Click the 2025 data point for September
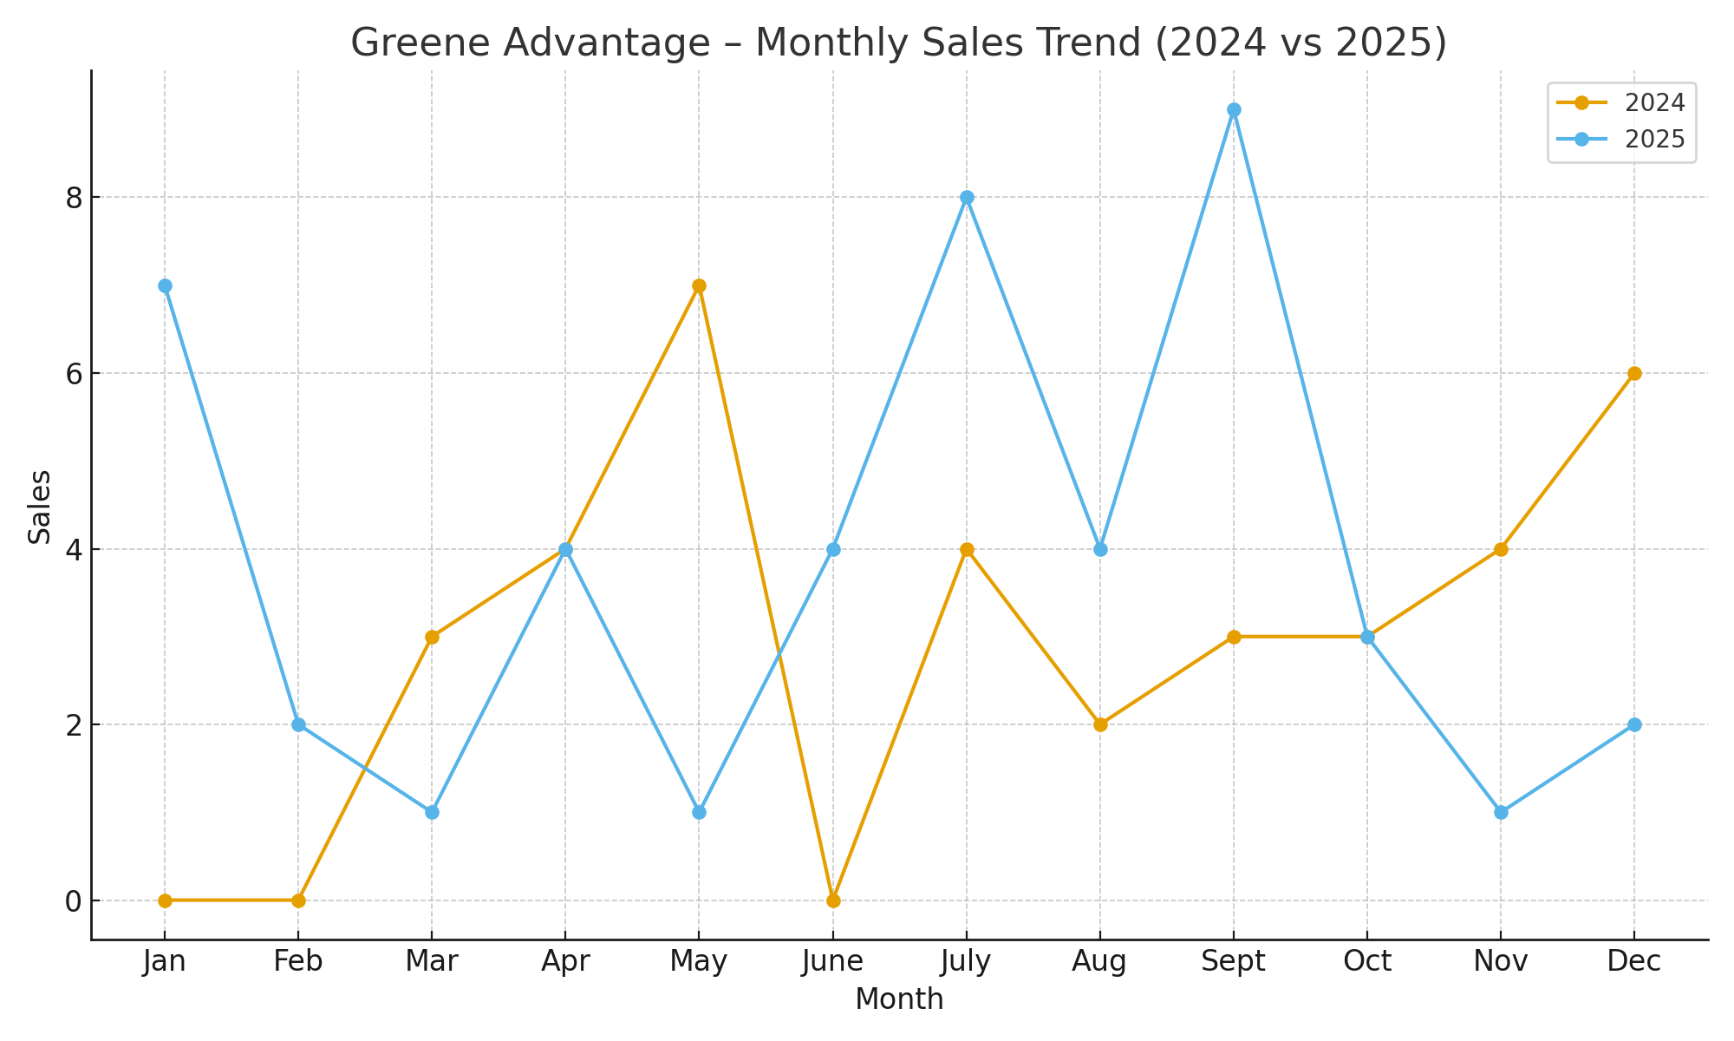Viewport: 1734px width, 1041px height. tap(1234, 110)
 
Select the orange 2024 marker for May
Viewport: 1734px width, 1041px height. tap(700, 285)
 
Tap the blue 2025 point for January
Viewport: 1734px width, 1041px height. tap(165, 285)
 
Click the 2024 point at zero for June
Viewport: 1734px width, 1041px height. tap(833, 900)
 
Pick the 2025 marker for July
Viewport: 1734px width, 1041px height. tap(967, 198)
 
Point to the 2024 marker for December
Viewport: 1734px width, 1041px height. tap(1634, 374)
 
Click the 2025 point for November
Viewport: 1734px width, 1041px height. tap(1501, 812)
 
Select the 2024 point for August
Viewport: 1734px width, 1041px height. tap(1100, 724)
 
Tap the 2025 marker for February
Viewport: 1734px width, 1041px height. tap(298, 724)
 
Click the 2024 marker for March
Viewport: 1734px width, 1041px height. tap(432, 637)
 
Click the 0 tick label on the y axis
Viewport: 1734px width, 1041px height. tap(75, 901)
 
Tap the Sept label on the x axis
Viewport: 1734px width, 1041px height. tap(1234, 961)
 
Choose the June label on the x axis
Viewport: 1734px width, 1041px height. tap(833, 961)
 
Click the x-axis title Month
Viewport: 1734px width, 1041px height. tap(899, 999)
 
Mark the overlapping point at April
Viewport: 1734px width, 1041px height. tap(565, 549)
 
